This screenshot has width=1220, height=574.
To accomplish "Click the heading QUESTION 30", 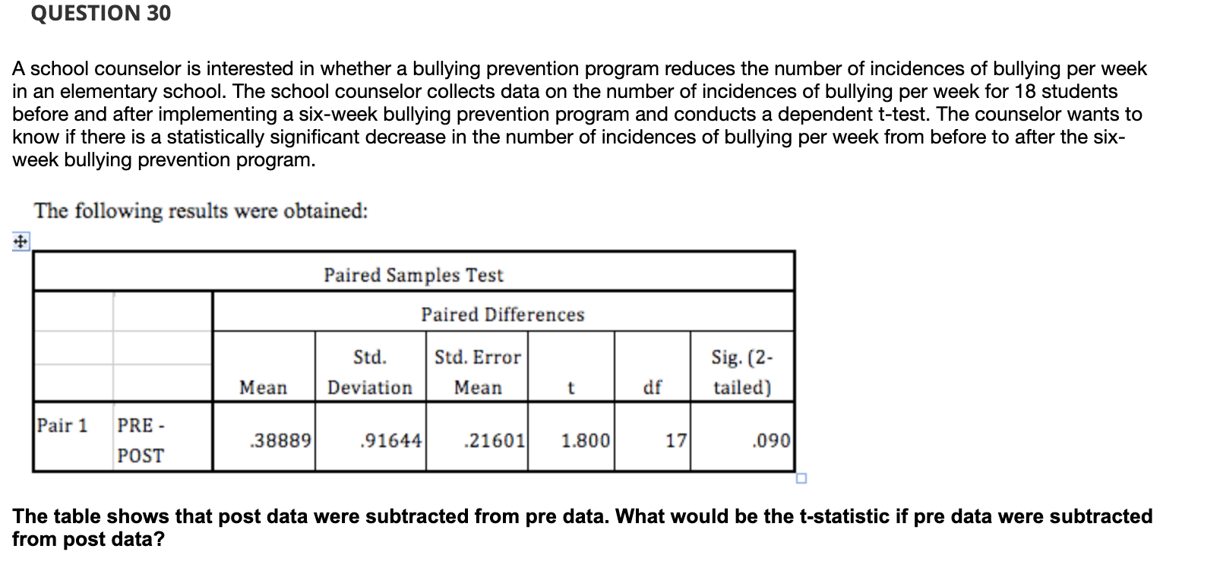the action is coord(101,13).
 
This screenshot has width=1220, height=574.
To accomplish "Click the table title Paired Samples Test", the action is coord(413,275).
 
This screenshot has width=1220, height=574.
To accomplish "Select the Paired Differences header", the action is coord(503,314).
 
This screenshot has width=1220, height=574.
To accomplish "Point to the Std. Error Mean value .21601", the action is coord(495,440).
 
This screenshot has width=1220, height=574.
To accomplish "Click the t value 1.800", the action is coord(585,440).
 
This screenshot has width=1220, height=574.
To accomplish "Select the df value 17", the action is coord(676,440).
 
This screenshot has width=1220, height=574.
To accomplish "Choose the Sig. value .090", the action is coord(771,440).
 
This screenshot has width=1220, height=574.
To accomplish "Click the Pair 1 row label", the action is coord(62,425).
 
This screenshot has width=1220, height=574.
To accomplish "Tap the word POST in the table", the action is coord(141,456).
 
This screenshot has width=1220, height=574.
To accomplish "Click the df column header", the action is coord(653,387).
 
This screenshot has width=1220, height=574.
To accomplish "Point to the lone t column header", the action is coord(571,387).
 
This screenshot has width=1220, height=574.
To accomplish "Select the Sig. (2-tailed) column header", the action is coord(742,372).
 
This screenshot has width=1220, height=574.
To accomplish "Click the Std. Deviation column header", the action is coord(370,372).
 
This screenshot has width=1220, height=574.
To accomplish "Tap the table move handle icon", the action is coord(21,242).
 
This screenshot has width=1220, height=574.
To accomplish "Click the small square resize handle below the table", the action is coord(801,478).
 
